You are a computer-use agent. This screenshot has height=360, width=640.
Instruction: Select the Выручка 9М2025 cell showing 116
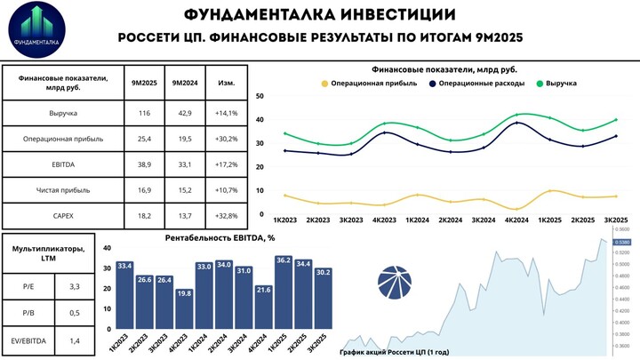tap(144, 114)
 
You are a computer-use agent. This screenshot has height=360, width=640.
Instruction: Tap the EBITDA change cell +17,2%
tap(226, 165)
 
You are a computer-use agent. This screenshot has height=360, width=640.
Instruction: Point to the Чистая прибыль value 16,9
tap(144, 190)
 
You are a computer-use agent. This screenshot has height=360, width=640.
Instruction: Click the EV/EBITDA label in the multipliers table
tap(29, 340)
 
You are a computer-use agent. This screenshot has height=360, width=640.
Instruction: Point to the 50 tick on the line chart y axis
tap(260, 96)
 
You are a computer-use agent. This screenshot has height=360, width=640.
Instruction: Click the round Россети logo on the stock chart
tap(395, 282)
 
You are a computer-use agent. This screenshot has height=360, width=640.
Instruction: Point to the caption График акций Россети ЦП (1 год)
tap(395, 352)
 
